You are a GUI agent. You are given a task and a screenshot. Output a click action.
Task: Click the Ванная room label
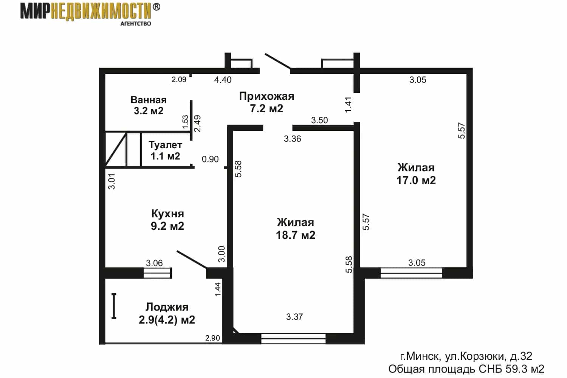coord(149,105)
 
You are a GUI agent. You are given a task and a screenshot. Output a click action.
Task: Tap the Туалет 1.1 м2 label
coord(165,150)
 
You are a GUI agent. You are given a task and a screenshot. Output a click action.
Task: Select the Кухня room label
coord(167,220)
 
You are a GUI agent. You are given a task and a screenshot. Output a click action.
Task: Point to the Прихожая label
coord(266,102)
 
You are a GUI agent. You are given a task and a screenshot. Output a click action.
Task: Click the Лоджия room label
coord(167,313)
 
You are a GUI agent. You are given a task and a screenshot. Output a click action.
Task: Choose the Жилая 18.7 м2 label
coord(295,229)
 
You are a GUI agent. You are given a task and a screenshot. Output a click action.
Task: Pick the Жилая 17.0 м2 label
coord(416,174)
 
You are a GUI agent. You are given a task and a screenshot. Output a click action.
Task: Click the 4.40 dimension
coord(223,80)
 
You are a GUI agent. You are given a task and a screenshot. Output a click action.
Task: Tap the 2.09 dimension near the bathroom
coord(179,79)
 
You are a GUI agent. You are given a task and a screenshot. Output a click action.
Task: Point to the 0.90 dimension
coord(210,159)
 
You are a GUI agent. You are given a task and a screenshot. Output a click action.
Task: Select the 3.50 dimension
coord(319,120)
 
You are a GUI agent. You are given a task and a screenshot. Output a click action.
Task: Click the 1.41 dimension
coord(349,105)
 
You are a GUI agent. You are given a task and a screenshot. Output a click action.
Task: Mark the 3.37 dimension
coord(294,317)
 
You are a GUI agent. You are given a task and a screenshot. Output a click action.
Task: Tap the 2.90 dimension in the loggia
coord(212,338)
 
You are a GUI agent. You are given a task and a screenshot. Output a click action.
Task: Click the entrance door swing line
coord(278,61)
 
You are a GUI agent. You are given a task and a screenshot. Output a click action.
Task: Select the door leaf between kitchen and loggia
coord(192,260)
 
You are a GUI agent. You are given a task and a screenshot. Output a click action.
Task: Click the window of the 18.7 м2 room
coord(293,339)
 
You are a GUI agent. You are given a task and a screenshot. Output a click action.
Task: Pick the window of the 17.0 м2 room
coord(411,273)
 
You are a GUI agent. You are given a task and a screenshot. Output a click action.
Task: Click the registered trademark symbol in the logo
coord(156,7)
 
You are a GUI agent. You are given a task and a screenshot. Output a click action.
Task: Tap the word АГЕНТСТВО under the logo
coord(136,24)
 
